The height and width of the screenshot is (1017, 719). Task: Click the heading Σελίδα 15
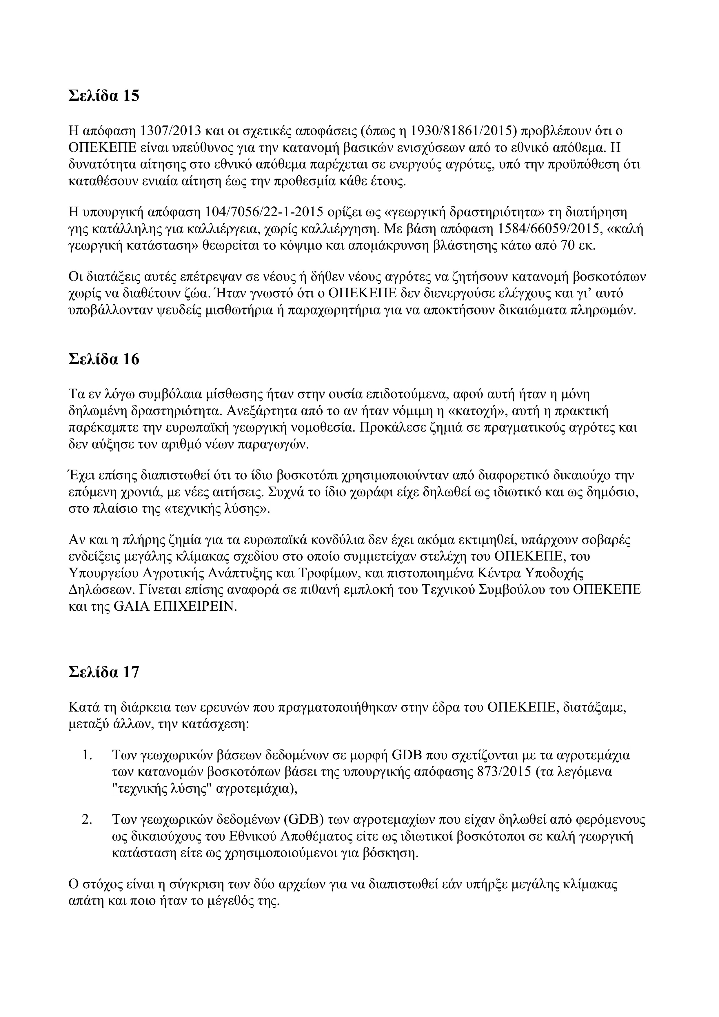pyautogui.click(x=104, y=96)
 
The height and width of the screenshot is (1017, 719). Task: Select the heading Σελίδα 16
pyautogui.click(x=104, y=359)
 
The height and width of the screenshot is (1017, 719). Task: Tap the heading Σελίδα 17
pyautogui.click(x=104, y=672)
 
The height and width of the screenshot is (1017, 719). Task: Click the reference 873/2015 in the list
pyautogui.click(x=505, y=772)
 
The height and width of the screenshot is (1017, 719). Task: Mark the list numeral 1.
pyautogui.click(x=87, y=755)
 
